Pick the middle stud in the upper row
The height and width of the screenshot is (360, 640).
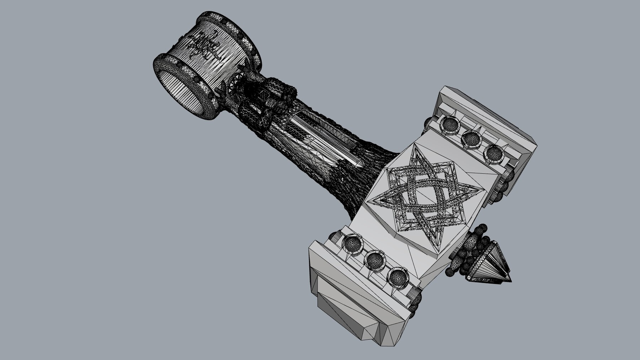471,139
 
